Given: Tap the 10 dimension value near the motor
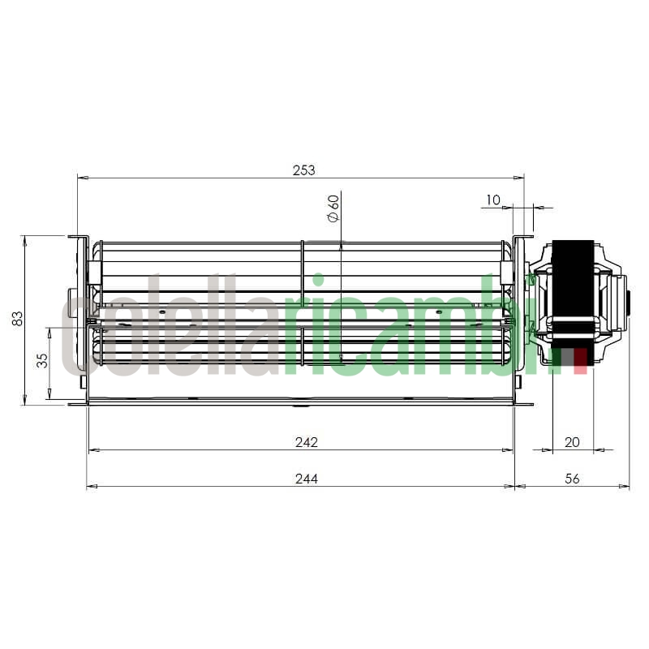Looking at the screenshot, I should click(493, 200).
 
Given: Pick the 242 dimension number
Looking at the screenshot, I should click(306, 442).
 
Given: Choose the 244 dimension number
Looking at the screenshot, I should click(306, 479).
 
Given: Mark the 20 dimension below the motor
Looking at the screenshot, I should click(572, 442).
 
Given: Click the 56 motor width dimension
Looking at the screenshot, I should click(572, 479).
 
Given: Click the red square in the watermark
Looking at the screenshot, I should click(580, 362).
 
